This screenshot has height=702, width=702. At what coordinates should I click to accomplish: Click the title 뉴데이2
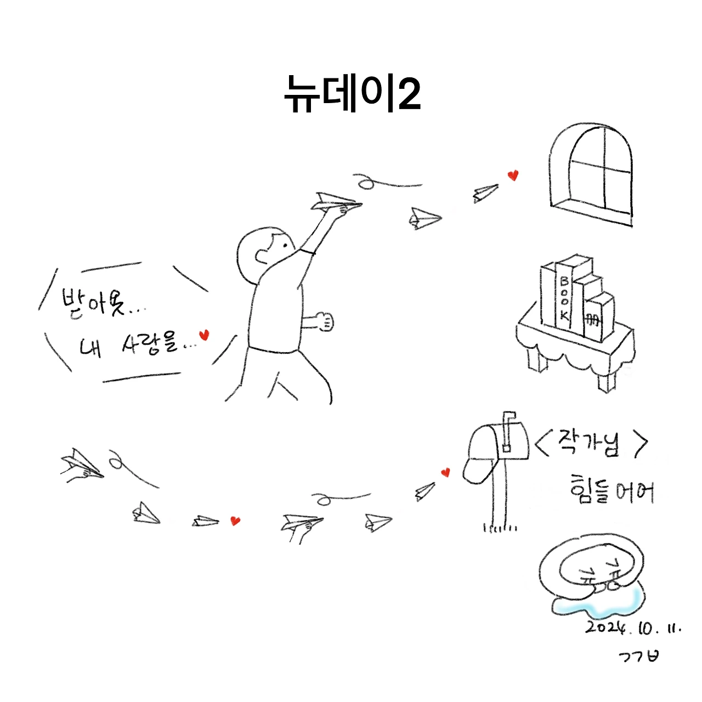pos(352,94)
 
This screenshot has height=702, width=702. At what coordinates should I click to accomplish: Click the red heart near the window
pos(513,175)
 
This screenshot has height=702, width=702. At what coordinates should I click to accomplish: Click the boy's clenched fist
pos(325,321)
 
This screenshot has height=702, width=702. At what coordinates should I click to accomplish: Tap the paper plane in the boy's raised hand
pos(336,202)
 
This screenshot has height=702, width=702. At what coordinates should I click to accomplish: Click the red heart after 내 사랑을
pos(204,335)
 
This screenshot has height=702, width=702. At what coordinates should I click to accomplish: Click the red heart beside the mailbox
pos(445,473)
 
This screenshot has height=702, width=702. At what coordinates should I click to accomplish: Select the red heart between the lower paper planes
pos(235,521)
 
